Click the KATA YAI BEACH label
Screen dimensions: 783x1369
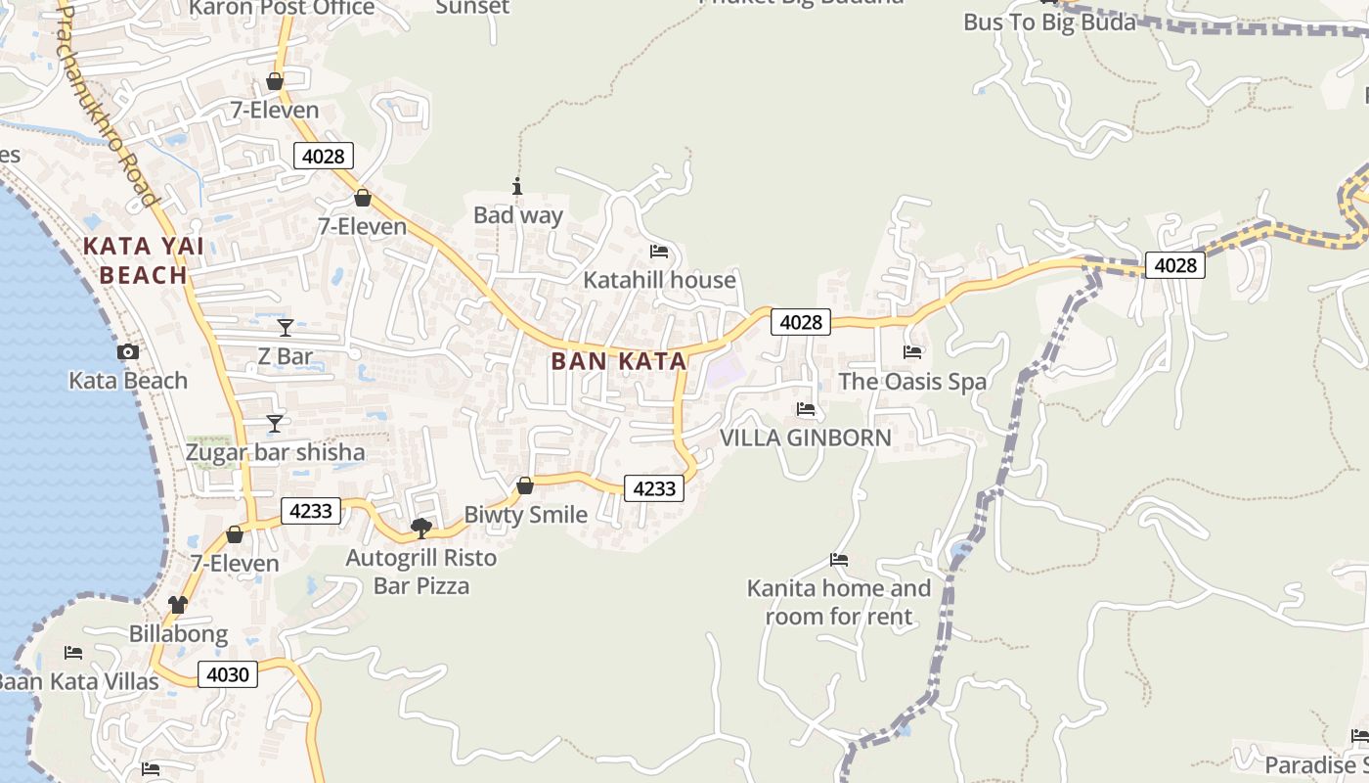(x=143, y=260)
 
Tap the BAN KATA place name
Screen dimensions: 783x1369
(x=619, y=361)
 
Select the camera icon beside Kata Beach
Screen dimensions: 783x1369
(x=128, y=352)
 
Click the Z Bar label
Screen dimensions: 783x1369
(x=285, y=356)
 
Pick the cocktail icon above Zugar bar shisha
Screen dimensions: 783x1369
(x=275, y=423)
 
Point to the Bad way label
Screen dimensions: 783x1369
(x=518, y=215)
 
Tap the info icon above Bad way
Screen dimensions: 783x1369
(x=517, y=186)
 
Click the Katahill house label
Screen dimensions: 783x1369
(x=659, y=280)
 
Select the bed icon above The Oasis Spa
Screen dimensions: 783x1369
(x=912, y=352)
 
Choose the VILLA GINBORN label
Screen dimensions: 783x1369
(x=806, y=438)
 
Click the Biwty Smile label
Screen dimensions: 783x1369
(x=526, y=515)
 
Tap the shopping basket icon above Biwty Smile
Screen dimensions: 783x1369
(x=525, y=485)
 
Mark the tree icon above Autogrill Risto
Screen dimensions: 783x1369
(x=421, y=529)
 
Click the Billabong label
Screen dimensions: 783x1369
(x=178, y=634)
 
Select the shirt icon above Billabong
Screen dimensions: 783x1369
(x=177, y=604)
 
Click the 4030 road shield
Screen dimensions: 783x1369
(x=228, y=674)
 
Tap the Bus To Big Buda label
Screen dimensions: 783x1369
(x=1050, y=22)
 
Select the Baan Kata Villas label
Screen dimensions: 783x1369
(x=78, y=681)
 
